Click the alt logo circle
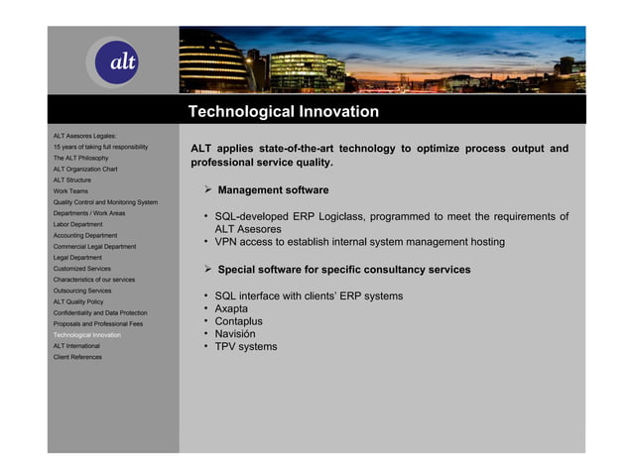tap(121, 61)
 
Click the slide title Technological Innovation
tap(284, 112)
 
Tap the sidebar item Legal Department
tap(77, 258)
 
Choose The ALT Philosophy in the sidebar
tap(80, 158)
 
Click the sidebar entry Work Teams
tap(70, 191)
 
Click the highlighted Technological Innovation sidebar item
tap(87, 335)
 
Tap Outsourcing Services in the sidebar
tap(82, 291)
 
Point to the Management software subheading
tap(273, 190)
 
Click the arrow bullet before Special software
tap(208, 270)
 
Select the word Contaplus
tap(238, 321)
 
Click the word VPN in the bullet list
tap(227, 242)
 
